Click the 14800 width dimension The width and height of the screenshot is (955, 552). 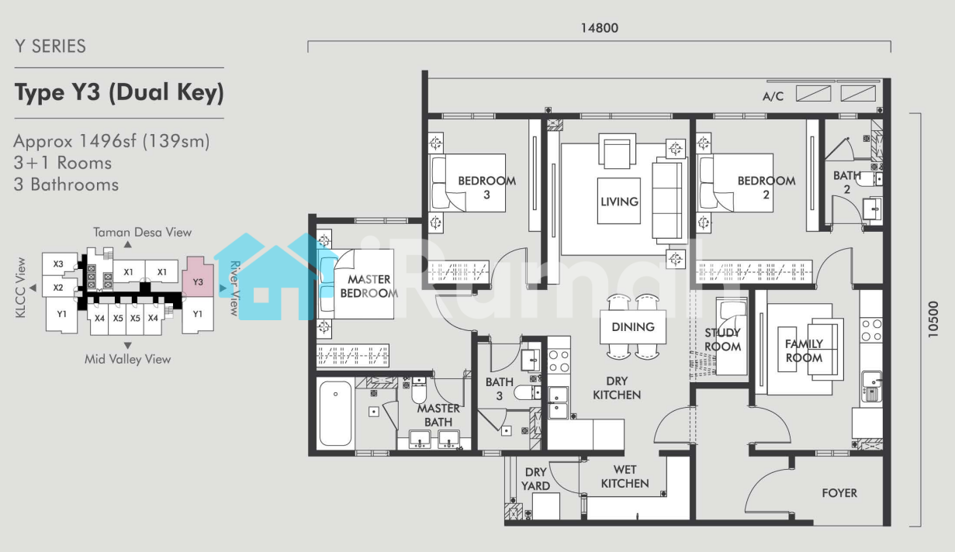[600, 28]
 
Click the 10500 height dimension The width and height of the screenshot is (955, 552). [933, 319]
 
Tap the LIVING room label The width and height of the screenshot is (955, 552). [619, 202]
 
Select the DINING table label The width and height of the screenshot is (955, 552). [633, 326]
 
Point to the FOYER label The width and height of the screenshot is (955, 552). [839, 493]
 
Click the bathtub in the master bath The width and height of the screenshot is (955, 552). [335, 412]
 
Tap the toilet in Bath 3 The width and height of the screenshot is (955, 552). [527, 392]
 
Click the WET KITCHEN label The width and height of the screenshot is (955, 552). [625, 476]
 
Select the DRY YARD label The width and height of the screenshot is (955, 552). [535, 479]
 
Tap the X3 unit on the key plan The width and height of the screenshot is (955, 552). [58, 264]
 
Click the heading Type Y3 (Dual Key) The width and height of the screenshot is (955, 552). [119, 92]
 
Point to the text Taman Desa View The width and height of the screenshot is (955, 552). [143, 232]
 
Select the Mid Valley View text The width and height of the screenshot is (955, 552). [127, 359]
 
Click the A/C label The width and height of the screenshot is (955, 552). [773, 96]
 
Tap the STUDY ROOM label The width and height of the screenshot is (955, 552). [722, 340]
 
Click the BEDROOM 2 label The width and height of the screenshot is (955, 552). [766, 188]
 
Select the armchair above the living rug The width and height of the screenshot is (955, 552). [617, 151]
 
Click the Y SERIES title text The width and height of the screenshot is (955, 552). [50, 46]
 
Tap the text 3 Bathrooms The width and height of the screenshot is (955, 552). [66, 185]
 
